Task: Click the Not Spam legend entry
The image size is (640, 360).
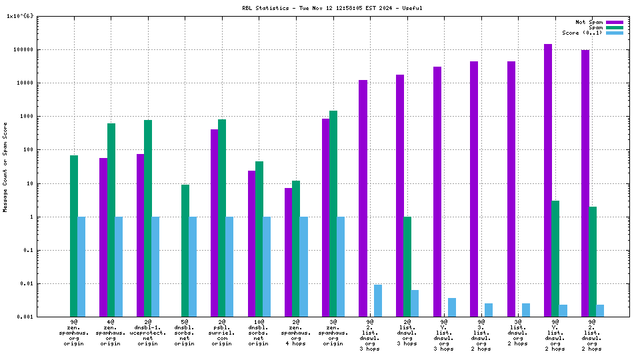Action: (589, 22)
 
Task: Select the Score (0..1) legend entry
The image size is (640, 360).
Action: (582, 33)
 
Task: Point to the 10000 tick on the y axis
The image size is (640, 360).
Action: (43, 83)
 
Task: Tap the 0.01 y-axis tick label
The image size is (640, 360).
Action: (45, 283)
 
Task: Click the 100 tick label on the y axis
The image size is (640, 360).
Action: (47, 149)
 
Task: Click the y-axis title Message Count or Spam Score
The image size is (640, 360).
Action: (5, 167)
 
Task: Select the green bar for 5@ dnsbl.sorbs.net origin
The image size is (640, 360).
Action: (185, 250)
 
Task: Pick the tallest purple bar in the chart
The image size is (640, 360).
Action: (548, 180)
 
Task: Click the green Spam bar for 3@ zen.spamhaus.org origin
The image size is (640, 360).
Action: (333, 213)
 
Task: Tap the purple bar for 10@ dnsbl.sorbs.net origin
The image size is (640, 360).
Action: (252, 243)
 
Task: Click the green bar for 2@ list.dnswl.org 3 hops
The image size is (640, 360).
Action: (407, 267)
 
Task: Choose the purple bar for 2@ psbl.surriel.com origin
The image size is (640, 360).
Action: (215, 223)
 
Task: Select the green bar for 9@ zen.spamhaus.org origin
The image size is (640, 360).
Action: (74, 236)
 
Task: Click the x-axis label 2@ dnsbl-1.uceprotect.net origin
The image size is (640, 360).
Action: (148, 333)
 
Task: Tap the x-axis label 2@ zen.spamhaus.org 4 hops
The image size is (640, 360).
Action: (296, 333)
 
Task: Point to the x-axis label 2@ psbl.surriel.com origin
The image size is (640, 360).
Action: (222, 333)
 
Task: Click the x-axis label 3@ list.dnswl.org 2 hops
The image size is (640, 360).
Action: (518, 333)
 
